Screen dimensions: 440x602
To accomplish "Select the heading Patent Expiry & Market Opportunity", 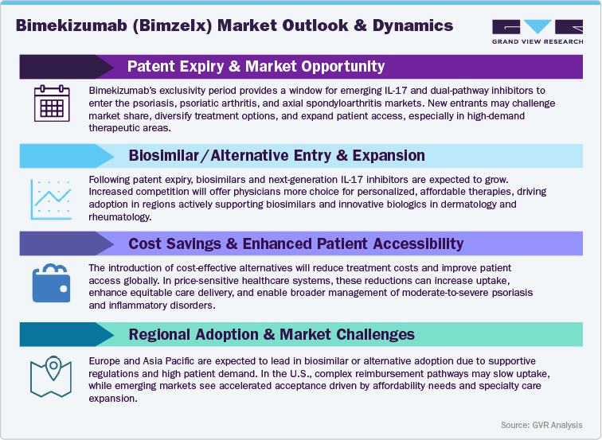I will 256,66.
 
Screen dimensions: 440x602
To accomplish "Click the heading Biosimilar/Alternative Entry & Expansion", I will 276,154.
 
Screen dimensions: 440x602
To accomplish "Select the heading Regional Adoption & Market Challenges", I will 272,333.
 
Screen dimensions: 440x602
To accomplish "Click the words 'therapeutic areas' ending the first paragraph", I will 129,127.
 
